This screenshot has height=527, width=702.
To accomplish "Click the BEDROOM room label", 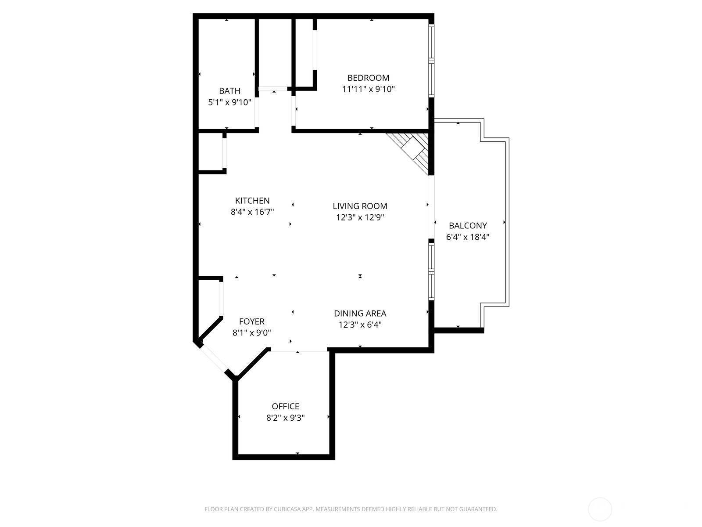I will [368, 78].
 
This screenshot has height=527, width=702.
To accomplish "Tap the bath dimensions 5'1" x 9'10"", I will [229, 102].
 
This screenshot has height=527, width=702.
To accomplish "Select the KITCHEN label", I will [252, 201].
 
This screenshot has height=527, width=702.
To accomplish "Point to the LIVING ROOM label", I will [360, 206].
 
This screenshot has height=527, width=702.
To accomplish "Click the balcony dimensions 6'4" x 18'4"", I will [468, 237].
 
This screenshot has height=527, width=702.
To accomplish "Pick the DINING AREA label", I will [360, 314].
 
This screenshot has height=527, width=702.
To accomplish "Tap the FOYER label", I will [251, 321].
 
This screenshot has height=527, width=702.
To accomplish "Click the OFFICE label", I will [285, 406].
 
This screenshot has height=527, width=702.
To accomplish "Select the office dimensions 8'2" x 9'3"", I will [285, 418].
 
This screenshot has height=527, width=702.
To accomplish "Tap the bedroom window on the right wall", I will [431, 61].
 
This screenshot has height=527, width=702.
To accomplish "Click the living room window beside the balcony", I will [431, 271].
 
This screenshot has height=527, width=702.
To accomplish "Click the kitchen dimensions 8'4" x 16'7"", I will [252, 212].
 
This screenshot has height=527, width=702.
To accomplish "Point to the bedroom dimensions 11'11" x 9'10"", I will [368, 89].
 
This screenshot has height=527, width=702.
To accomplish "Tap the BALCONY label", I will [468, 226].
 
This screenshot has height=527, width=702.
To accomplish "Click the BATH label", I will [229, 91].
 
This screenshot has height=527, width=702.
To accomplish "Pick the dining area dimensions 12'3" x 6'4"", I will [360, 325].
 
